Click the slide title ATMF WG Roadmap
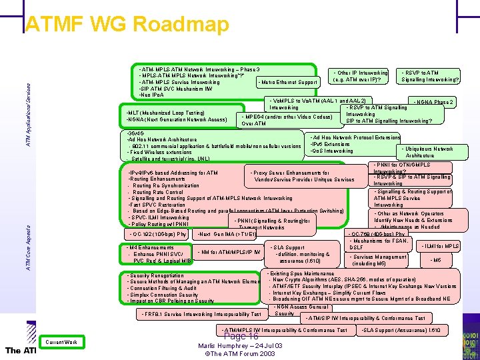pos(127,25)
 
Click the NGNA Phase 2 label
pos(433,103)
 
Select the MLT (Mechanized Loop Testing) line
pos(166,113)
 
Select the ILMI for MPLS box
pos(440,247)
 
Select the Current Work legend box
pos(61,342)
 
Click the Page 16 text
pos(241,337)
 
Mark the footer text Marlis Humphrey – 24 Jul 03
pos(241,346)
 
